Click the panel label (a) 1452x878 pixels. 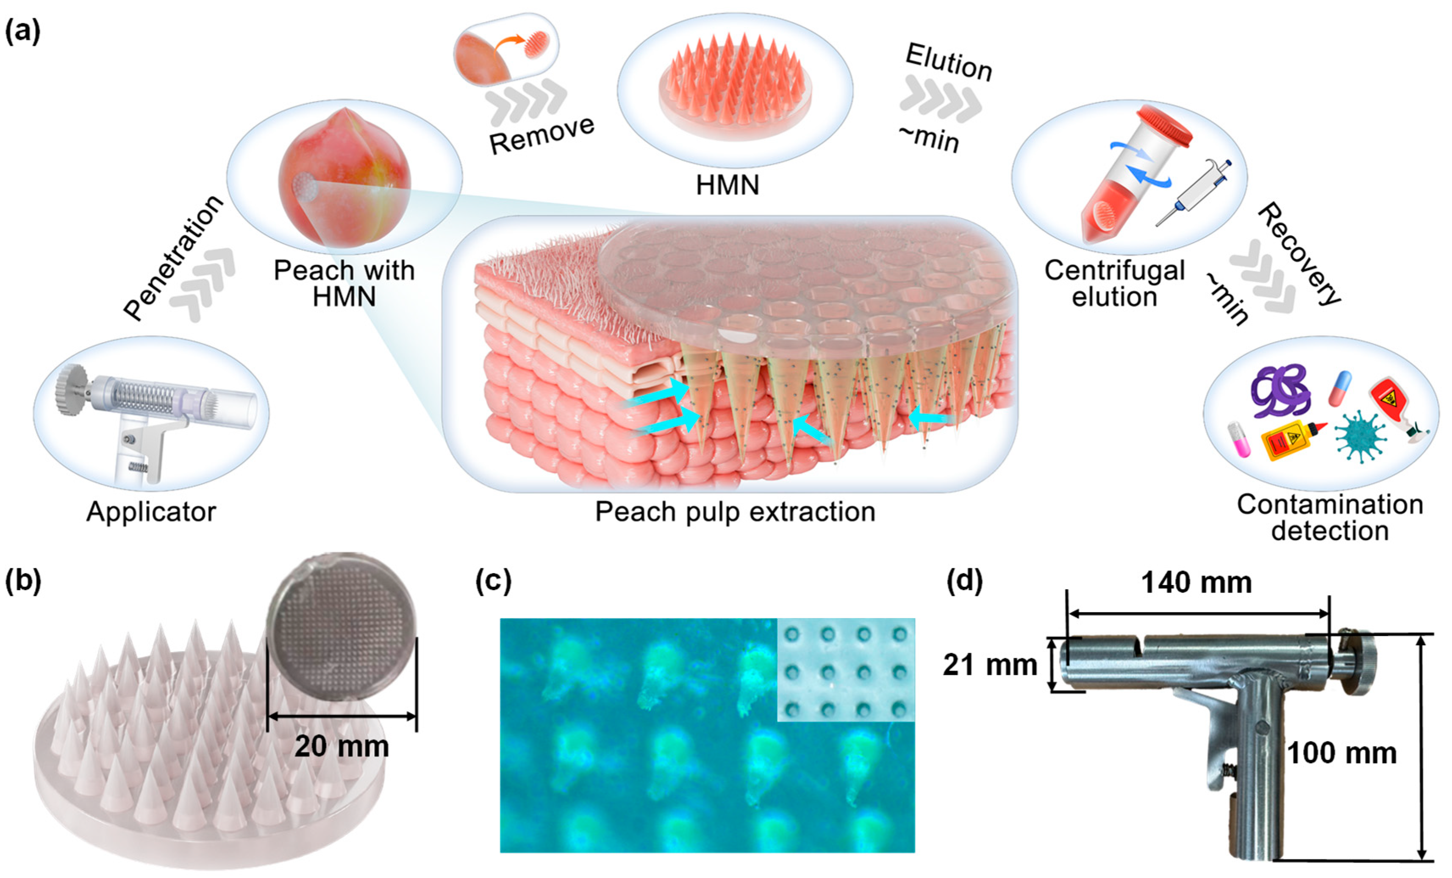pyautogui.click(x=22, y=31)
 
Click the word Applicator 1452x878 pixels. pyautogui.click(x=151, y=512)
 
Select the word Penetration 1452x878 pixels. pyautogui.click(x=173, y=258)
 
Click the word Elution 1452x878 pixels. pyautogui.click(x=949, y=61)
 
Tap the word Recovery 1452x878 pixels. pyautogui.click(x=1300, y=254)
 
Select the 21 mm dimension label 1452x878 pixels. pyautogui.click(x=990, y=665)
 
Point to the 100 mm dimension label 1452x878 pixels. pyautogui.click(x=1341, y=753)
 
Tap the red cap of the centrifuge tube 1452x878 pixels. pyautogui.click(x=1164, y=125)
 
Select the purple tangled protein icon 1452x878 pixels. pyautogui.click(x=1281, y=392)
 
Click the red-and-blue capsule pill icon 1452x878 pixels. pyautogui.click(x=1340, y=388)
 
